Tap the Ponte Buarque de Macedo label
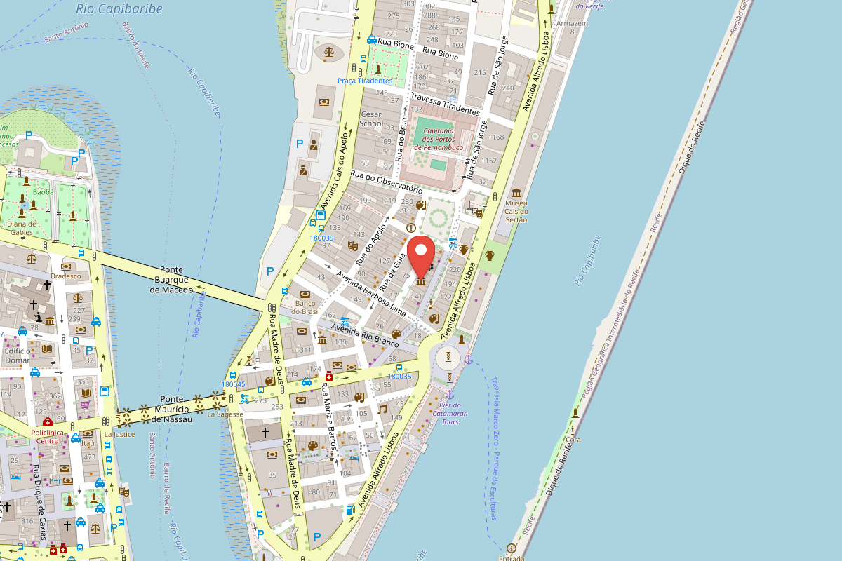pos(171,280)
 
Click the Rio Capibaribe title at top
pos(119,9)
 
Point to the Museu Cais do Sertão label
pos(516,211)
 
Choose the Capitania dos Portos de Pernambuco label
pos(439,139)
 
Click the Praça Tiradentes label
pos(365,81)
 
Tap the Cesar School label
pos(372,119)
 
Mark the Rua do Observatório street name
pos(386,180)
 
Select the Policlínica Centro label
pos(48,437)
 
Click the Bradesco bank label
pos(66,276)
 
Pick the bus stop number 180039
pos(321,238)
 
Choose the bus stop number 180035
pos(399,376)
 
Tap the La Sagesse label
pos(225,414)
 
